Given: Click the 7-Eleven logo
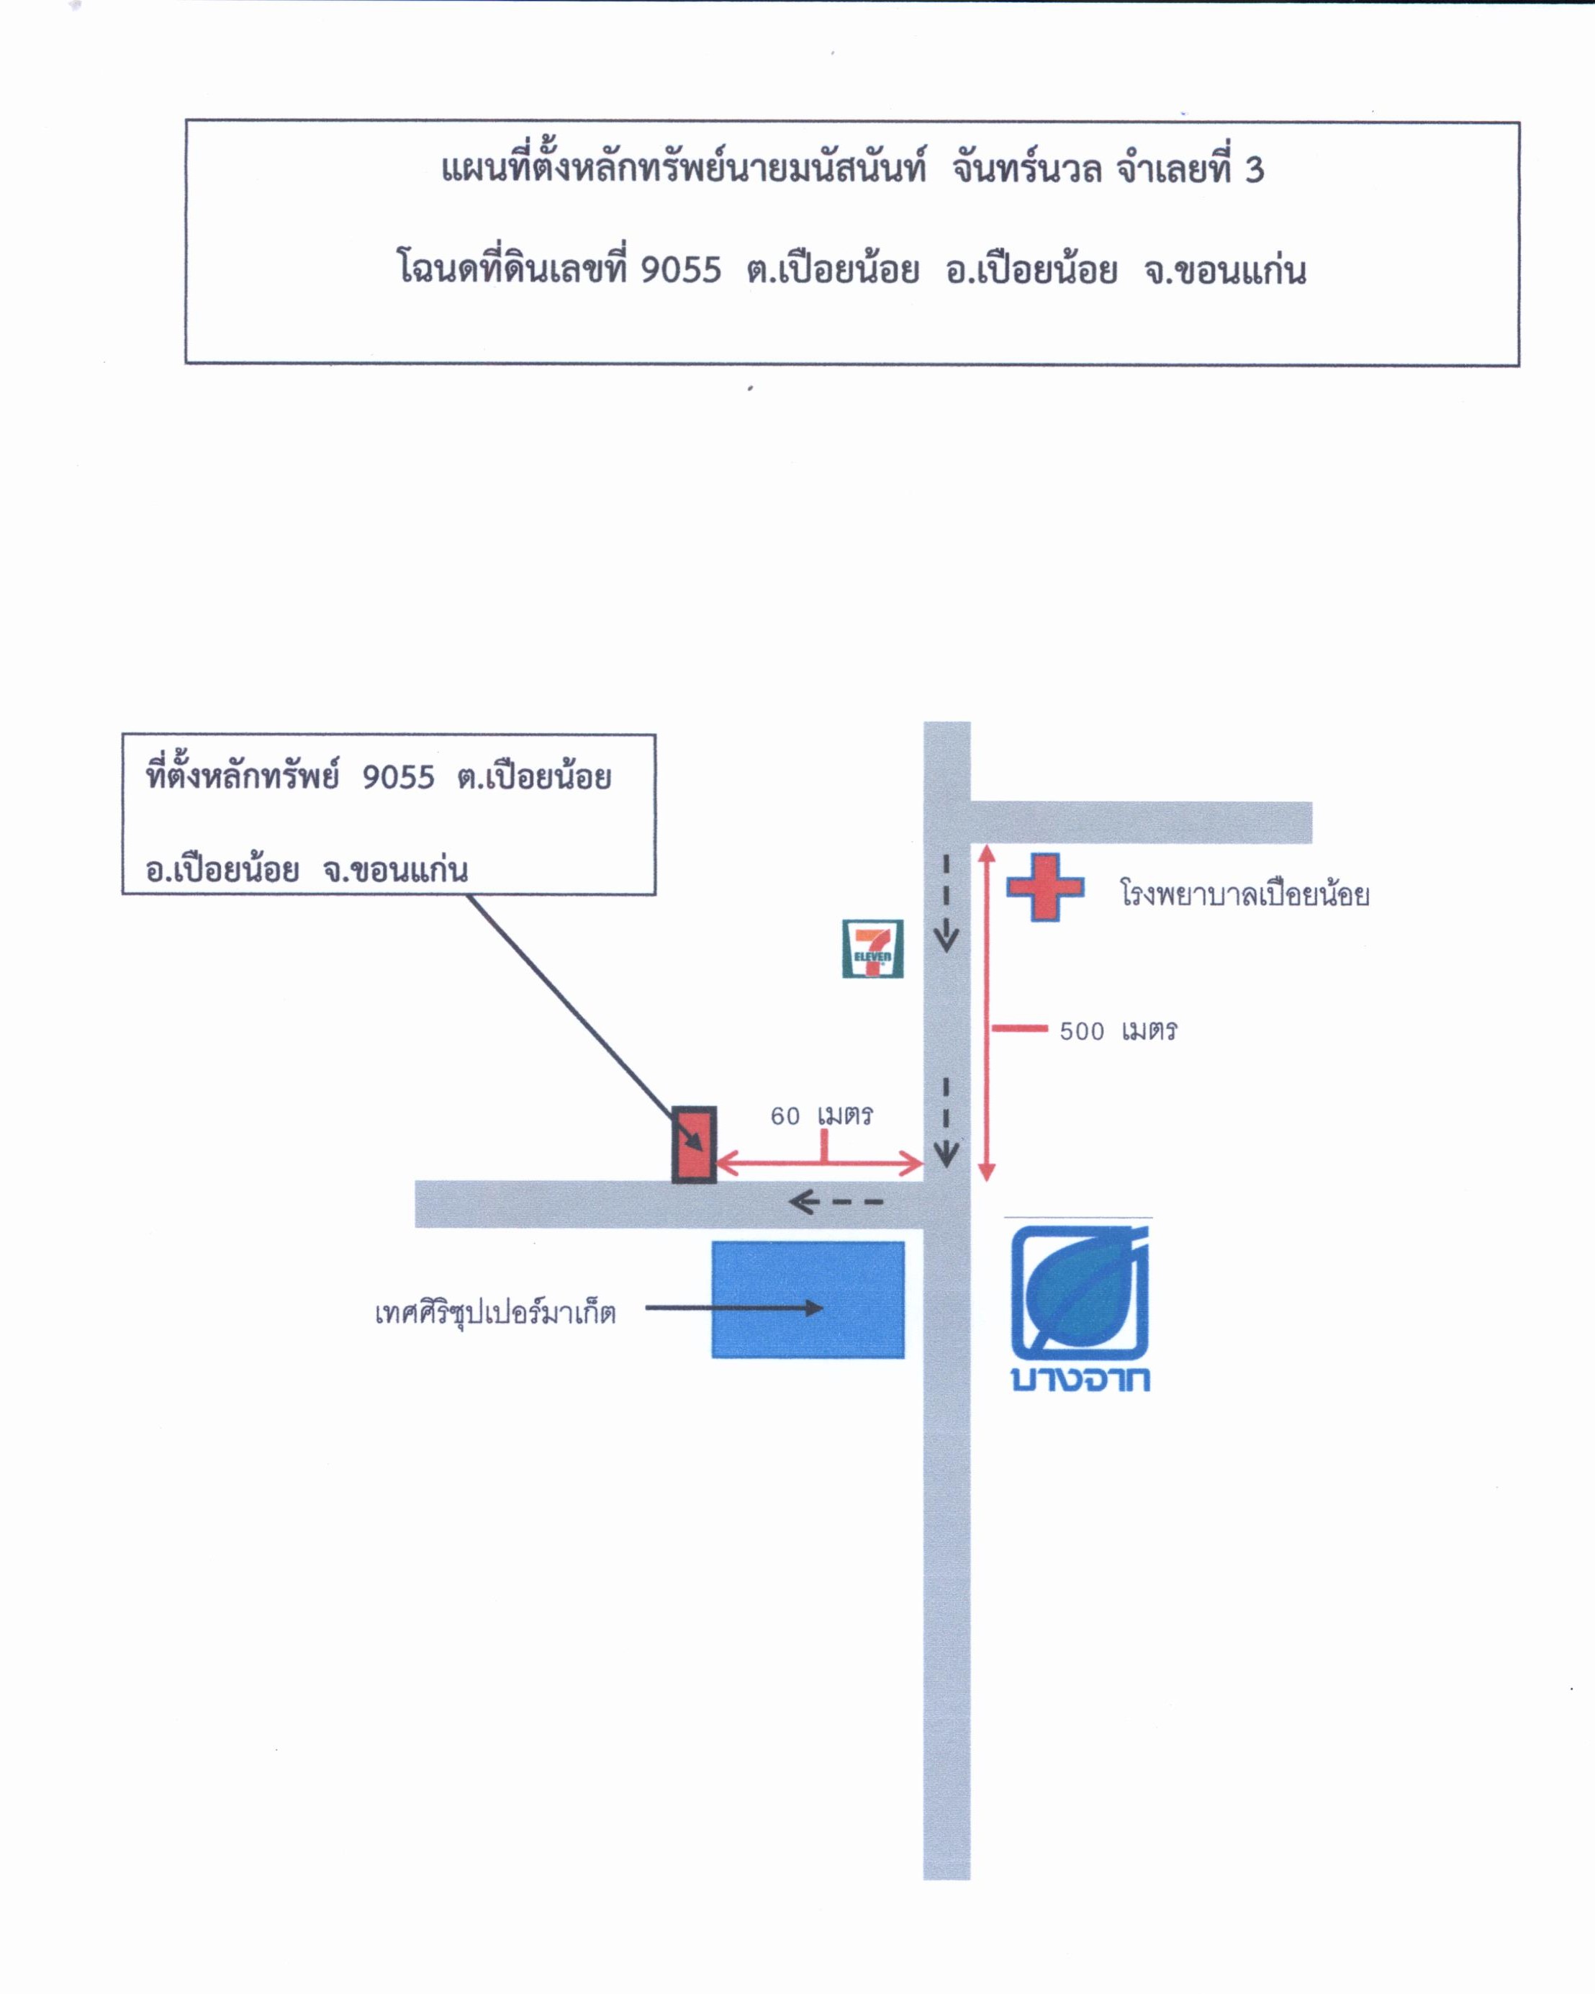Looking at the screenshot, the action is [x=872, y=948].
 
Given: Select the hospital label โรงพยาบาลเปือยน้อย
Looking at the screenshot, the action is [x=1244, y=894].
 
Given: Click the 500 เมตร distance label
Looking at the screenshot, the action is [x=1118, y=1030].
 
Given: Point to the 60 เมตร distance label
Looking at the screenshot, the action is [x=821, y=1115].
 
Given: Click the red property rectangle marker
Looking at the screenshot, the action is [x=693, y=1144].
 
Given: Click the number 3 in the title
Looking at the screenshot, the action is [x=1254, y=170].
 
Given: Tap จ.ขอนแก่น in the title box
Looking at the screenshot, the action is [x=1224, y=270].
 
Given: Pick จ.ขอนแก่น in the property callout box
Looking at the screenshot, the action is [x=396, y=869].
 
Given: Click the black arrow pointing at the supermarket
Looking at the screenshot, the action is [x=734, y=1308].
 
